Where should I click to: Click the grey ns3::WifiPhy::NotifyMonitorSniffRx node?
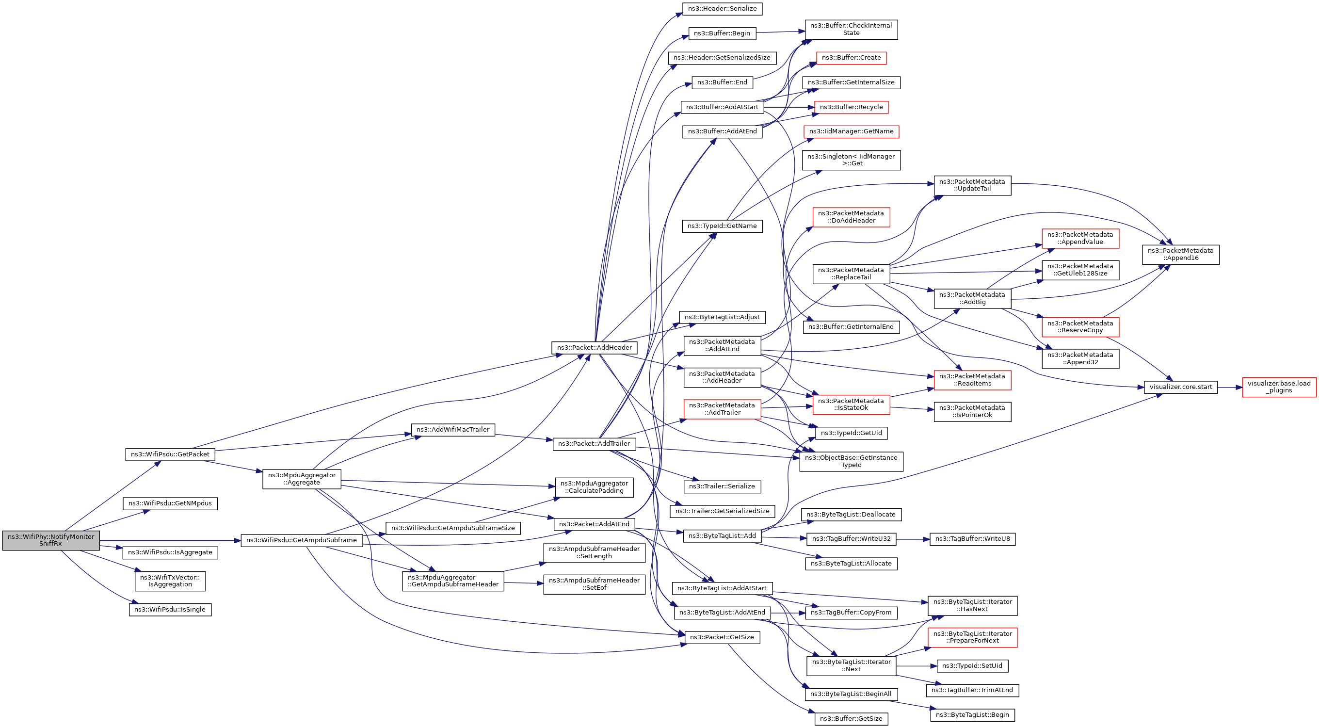click(51, 540)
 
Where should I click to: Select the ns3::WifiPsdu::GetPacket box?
click(170, 454)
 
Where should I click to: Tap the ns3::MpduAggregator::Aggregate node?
click(302, 479)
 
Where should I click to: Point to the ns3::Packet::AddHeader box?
click(594, 348)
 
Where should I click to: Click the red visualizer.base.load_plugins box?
click(1279, 387)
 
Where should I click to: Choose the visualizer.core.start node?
click(1180, 387)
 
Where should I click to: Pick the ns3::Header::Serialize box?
click(722, 9)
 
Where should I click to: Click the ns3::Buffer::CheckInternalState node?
click(851, 29)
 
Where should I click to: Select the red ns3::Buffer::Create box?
click(851, 58)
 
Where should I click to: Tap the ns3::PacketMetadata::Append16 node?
click(1180, 255)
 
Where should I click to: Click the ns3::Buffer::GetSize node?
click(851, 719)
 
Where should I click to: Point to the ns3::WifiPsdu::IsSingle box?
click(170, 610)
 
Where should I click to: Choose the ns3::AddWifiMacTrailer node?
click(452, 430)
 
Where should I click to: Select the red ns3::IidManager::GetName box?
click(851, 131)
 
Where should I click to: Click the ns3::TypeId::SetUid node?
click(972, 665)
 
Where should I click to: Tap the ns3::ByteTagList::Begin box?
click(972, 715)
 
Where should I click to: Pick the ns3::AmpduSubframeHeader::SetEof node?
click(594, 584)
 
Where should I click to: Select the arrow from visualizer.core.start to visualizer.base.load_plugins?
click(1229, 388)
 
